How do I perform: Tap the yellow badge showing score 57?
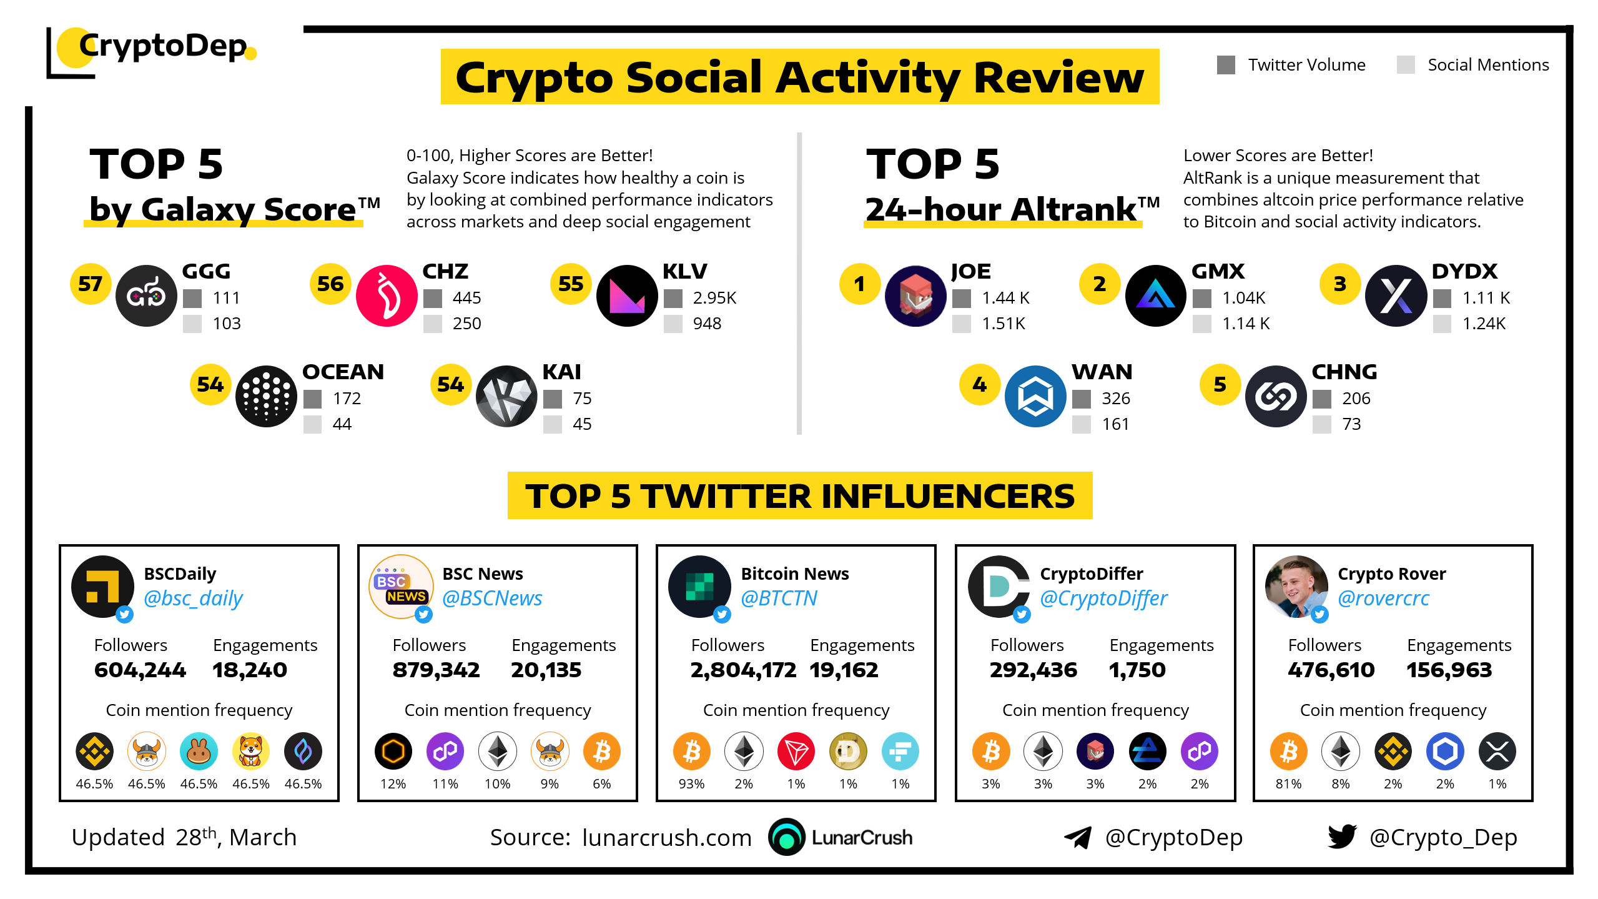(x=91, y=284)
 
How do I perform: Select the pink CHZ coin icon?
(x=387, y=296)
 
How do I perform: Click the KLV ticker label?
(x=684, y=271)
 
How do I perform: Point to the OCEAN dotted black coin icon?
(x=266, y=396)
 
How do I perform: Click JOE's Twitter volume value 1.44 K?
(x=1005, y=298)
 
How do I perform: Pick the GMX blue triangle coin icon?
(x=1155, y=296)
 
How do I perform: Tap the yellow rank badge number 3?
(x=1340, y=284)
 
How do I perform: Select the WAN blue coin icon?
(x=1035, y=396)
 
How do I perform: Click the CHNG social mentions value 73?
(x=1351, y=424)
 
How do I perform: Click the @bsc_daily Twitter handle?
(x=193, y=598)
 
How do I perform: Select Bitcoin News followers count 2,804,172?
(x=743, y=670)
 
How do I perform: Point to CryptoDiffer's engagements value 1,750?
(x=1137, y=670)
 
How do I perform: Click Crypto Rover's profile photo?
(x=1296, y=587)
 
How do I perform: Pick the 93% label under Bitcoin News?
(x=691, y=783)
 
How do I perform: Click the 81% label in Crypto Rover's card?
(x=1288, y=783)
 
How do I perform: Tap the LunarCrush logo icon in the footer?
(x=787, y=837)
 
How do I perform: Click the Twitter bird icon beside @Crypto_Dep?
(x=1343, y=837)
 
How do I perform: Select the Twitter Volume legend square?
(x=1226, y=65)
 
